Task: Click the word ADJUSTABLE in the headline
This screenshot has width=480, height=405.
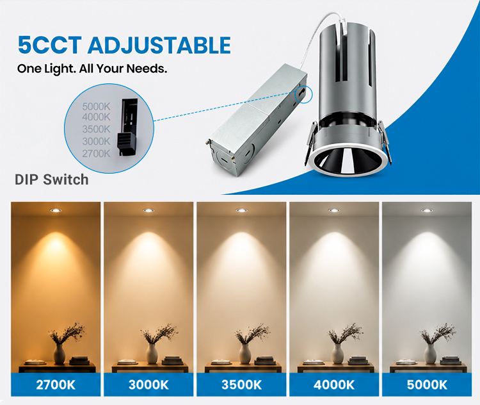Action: [x=159, y=45]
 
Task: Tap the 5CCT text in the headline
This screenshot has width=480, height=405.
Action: [x=50, y=45]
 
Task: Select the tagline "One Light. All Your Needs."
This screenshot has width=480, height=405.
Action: [x=92, y=69]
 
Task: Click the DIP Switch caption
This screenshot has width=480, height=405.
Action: [x=52, y=179]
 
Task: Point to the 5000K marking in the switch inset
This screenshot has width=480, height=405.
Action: [x=96, y=106]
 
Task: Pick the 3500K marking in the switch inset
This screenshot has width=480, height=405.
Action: [x=96, y=129]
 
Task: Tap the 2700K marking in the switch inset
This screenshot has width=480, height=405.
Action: [x=96, y=153]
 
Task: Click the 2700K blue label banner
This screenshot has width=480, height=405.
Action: [x=56, y=384]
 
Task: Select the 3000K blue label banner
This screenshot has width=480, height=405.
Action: [x=148, y=384]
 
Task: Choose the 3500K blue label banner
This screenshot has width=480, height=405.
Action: [x=241, y=384]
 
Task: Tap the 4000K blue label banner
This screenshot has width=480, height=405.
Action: [x=334, y=384]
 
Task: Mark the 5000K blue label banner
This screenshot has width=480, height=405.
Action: [x=427, y=384]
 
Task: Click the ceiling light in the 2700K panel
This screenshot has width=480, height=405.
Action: [x=56, y=210]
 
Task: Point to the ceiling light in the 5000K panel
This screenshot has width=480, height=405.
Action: [x=427, y=210]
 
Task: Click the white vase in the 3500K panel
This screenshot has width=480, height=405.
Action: [x=245, y=354]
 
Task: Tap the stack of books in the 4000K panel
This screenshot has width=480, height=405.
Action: [x=358, y=360]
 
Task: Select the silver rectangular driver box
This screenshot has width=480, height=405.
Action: [x=257, y=120]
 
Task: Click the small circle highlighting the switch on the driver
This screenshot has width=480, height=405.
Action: [x=303, y=94]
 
